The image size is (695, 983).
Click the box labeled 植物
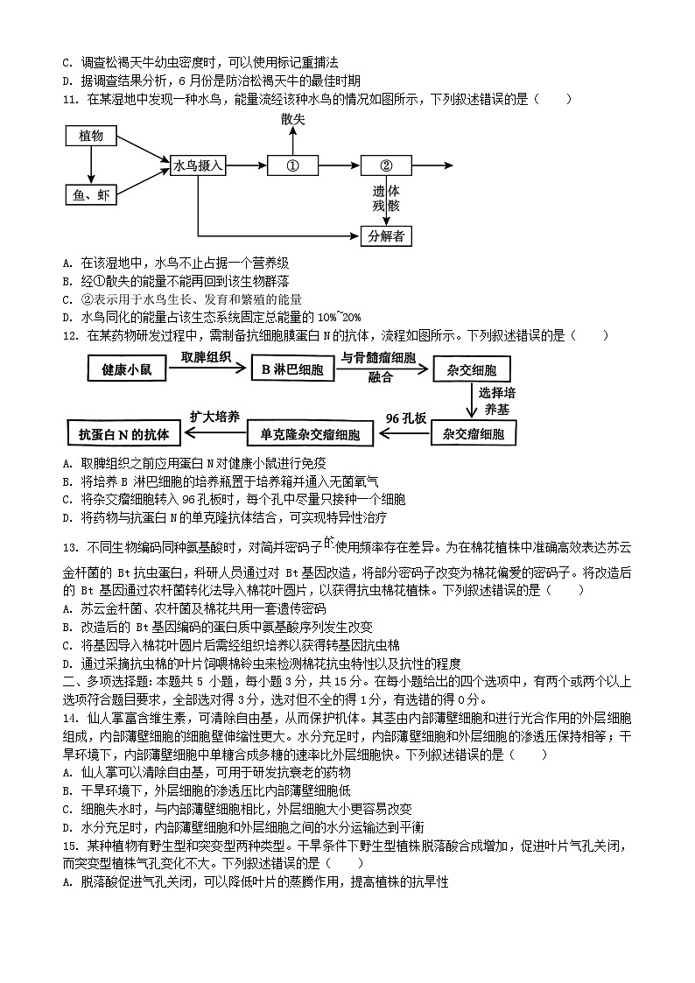tap(91, 137)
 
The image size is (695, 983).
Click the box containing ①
tap(293, 165)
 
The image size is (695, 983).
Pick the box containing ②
tap(386, 165)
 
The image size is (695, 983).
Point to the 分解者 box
tap(386, 235)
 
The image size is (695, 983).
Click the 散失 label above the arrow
tap(293, 119)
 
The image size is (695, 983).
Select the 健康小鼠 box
tap(127, 369)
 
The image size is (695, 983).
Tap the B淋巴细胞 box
tap(292, 369)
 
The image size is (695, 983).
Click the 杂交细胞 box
tap(471, 369)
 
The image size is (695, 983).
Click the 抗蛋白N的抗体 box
tap(123, 433)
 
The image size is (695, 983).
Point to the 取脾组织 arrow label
tap(206, 357)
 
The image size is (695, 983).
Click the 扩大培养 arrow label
tap(214, 417)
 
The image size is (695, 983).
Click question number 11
tap(70, 99)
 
